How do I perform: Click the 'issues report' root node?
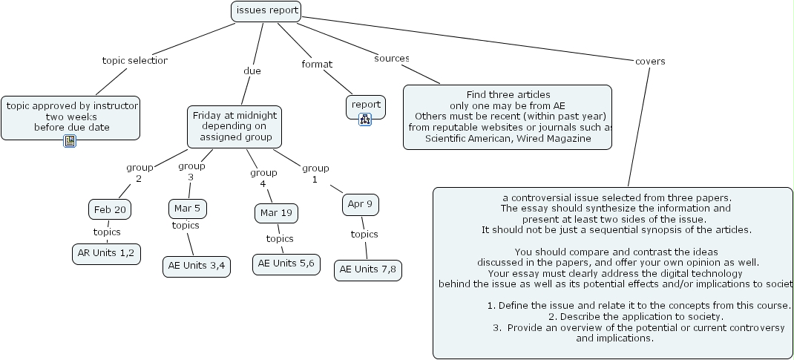click(266, 10)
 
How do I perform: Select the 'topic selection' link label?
click(134, 61)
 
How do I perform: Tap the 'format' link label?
click(317, 65)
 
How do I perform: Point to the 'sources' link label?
click(392, 58)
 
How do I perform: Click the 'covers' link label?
click(650, 61)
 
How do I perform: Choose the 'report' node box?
click(366, 105)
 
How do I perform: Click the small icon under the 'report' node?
click(365, 120)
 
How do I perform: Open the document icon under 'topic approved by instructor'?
click(70, 140)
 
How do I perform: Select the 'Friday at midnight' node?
click(234, 126)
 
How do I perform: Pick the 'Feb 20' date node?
click(109, 210)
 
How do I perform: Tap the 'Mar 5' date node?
click(187, 208)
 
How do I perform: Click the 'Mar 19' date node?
click(275, 213)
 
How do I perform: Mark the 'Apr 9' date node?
click(360, 203)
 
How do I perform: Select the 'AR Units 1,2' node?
click(106, 253)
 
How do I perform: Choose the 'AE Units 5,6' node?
click(286, 264)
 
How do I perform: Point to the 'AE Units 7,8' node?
click(368, 269)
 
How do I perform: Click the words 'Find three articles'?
click(508, 94)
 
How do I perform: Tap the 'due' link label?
click(252, 71)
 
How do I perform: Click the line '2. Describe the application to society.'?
click(615, 317)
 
